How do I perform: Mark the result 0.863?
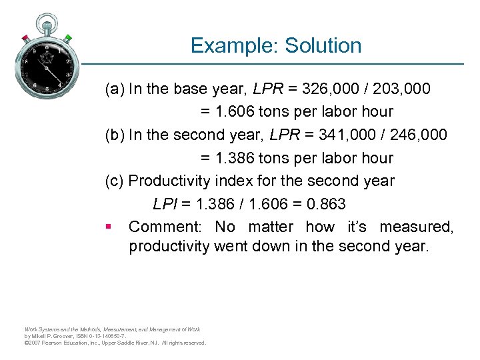[x=323, y=204]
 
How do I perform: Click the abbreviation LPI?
[x=165, y=204]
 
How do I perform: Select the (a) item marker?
[x=115, y=89]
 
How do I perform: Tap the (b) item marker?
[x=115, y=135]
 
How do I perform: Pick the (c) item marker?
[x=115, y=181]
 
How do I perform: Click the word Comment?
[x=165, y=227]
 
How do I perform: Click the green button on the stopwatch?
[x=68, y=37]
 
